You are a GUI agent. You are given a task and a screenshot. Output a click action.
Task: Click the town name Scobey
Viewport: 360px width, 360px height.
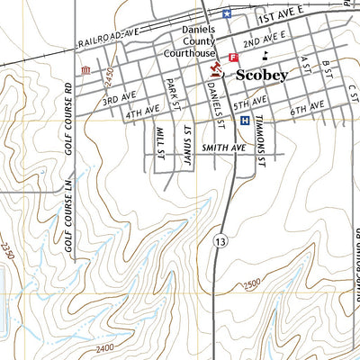[x=261, y=76]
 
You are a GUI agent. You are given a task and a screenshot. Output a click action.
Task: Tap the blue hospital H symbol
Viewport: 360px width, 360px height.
[x=244, y=121]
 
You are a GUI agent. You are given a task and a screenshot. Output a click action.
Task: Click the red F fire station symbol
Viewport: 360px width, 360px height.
[x=234, y=58]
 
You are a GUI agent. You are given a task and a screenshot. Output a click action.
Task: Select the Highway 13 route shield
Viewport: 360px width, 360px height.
[x=220, y=240]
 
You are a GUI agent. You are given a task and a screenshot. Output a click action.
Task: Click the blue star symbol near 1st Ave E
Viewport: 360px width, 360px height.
[x=227, y=13]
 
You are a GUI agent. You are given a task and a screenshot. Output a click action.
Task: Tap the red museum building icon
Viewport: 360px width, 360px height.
[x=85, y=70]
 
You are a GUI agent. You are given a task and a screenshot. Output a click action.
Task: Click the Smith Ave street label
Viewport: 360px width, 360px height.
[x=224, y=147]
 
